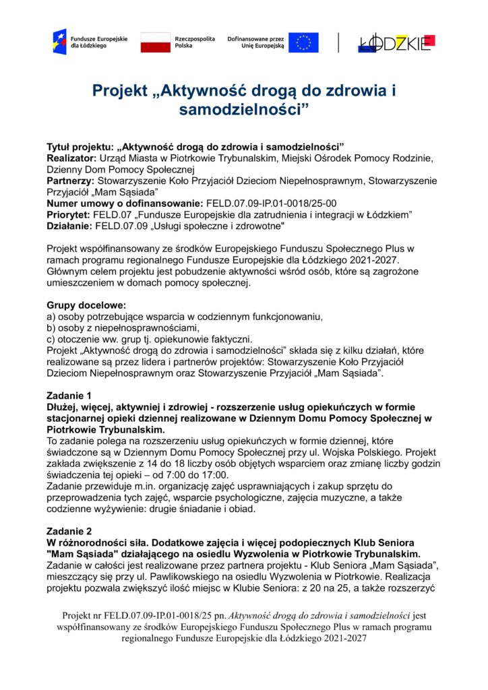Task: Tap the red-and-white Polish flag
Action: click(156, 42)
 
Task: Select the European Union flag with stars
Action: click(304, 42)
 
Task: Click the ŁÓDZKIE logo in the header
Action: click(396, 42)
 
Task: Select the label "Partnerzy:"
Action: click(71, 181)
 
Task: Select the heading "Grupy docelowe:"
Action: click(82, 305)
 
